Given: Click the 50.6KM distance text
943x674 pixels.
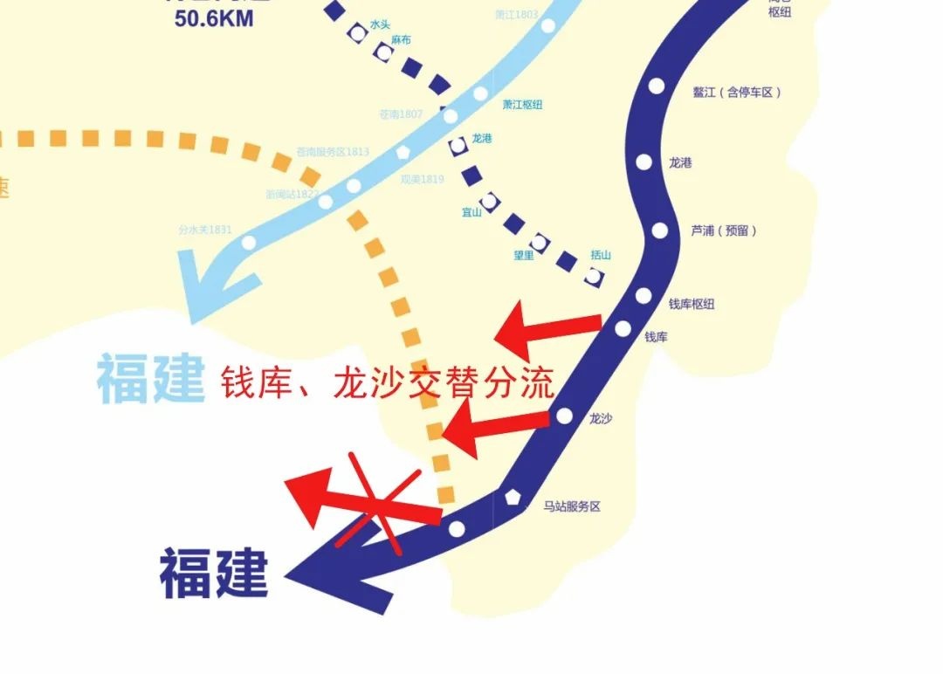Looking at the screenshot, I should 214,18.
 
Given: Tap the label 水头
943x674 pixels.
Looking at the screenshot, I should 380,25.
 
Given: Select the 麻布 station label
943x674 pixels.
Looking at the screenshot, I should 401,40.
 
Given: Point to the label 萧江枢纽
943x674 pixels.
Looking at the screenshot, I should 522,104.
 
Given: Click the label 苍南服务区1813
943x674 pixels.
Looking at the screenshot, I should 333,152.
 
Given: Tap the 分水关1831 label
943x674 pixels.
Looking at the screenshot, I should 205,230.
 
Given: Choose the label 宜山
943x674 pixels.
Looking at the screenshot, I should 471,212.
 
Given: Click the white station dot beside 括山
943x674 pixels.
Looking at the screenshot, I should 595,277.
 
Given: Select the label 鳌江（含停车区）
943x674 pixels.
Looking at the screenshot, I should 737,92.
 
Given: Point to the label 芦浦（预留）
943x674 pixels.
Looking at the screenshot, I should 724,230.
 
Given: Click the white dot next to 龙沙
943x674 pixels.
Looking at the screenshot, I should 564,416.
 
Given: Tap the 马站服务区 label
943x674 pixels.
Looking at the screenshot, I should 572,506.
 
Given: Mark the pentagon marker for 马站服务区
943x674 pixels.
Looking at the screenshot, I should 513,498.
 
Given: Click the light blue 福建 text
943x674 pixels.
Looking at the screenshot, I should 150,378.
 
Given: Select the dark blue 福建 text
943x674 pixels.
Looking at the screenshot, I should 213,573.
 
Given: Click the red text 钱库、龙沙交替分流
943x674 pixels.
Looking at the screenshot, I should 387,382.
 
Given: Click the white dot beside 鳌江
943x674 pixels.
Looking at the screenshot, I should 657,86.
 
